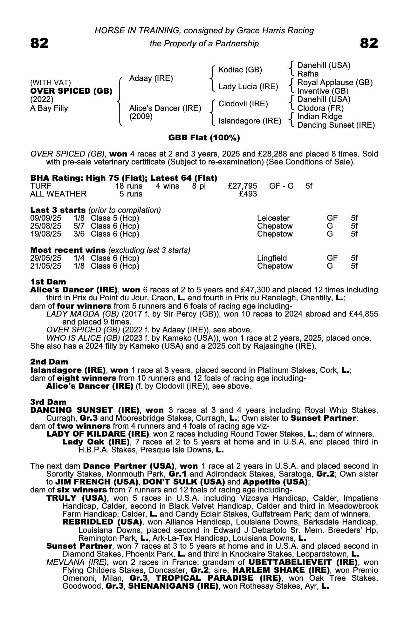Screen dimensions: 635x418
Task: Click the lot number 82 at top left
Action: (39, 43)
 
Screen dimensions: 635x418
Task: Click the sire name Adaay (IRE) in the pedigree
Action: (151, 78)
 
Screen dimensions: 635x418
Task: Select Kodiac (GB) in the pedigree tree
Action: (240, 70)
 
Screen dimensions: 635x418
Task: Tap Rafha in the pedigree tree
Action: (308, 74)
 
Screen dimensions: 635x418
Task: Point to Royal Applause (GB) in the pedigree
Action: (335, 83)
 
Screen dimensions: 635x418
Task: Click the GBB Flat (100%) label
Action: (204, 138)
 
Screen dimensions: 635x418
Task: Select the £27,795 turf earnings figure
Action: (243, 186)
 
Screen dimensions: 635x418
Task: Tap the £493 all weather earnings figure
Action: (248, 194)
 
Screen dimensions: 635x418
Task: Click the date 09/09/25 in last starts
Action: (45, 218)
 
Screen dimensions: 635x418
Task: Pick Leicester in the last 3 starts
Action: (273, 218)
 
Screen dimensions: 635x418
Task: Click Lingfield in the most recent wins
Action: (272, 258)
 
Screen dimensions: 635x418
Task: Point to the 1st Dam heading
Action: (48, 282)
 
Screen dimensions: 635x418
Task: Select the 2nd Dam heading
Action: (49, 362)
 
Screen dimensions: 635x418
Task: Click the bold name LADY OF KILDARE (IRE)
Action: (98, 434)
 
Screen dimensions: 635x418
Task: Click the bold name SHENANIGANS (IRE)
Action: (173, 586)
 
